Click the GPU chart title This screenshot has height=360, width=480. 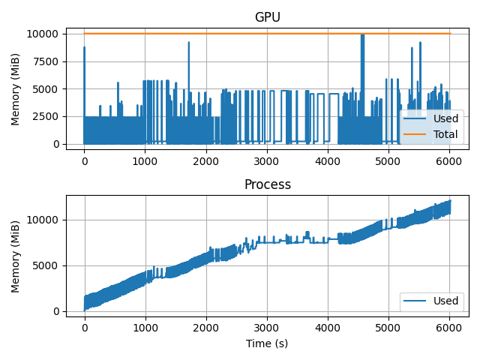point(267,17)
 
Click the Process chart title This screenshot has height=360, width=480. point(267,184)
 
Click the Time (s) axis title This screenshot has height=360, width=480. point(267,343)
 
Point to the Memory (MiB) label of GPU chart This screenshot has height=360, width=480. point(16,89)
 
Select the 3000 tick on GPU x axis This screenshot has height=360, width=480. point(267,160)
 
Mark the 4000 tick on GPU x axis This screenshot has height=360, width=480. point(328,160)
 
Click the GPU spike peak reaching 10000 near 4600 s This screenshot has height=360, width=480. point(362,34)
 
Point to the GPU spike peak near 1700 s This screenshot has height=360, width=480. point(188,42)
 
